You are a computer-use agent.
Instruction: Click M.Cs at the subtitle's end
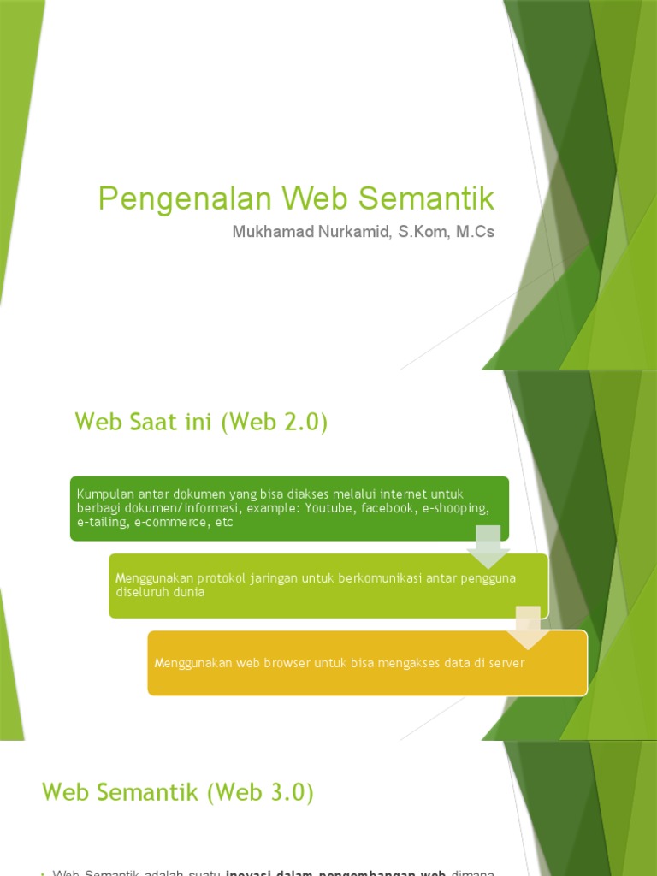(476, 232)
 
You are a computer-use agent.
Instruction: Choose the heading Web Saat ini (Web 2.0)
(201, 422)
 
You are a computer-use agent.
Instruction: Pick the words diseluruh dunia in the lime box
(160, 592)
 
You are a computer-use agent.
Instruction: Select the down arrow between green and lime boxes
(488, 546)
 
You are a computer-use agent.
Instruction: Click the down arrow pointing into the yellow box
(528, 627)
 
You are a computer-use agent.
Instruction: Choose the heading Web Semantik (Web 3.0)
(178, 793)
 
